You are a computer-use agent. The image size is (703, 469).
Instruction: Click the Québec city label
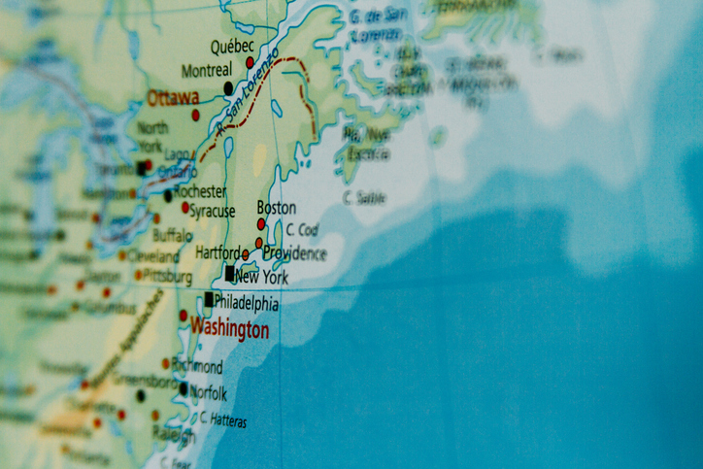(x=232, y=46)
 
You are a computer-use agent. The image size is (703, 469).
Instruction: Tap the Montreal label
(x=207, y=71)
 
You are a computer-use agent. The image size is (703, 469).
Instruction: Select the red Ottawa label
(x=173, y=97)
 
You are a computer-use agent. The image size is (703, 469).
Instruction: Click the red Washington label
(x=229, y=328)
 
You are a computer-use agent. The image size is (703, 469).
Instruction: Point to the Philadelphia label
(x=246, y=302)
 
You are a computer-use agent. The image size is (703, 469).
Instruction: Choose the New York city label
(x=261, y=278)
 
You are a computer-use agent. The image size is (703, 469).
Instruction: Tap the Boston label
(x=276, y=208)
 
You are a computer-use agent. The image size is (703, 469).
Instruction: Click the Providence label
(x=294, y=253)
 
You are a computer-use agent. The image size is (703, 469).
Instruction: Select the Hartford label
(x=218, y=252)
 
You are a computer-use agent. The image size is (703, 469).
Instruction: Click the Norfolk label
(x=209, y=394)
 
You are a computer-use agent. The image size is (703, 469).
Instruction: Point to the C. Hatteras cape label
(x=223, y=421)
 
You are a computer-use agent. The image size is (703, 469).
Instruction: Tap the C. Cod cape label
(x=302, y=230)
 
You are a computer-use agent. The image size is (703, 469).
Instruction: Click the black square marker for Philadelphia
(x=209, y=299)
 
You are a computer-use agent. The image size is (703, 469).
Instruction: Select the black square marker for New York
(x=230, y=274)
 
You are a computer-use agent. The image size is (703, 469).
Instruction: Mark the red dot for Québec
(x=250, y=62)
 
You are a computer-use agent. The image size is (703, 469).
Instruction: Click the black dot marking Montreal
(x=229, y=88)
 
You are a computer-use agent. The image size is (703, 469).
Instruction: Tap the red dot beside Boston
(x=261, y=223)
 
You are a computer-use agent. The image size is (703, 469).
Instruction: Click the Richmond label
(x=198, y=367)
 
